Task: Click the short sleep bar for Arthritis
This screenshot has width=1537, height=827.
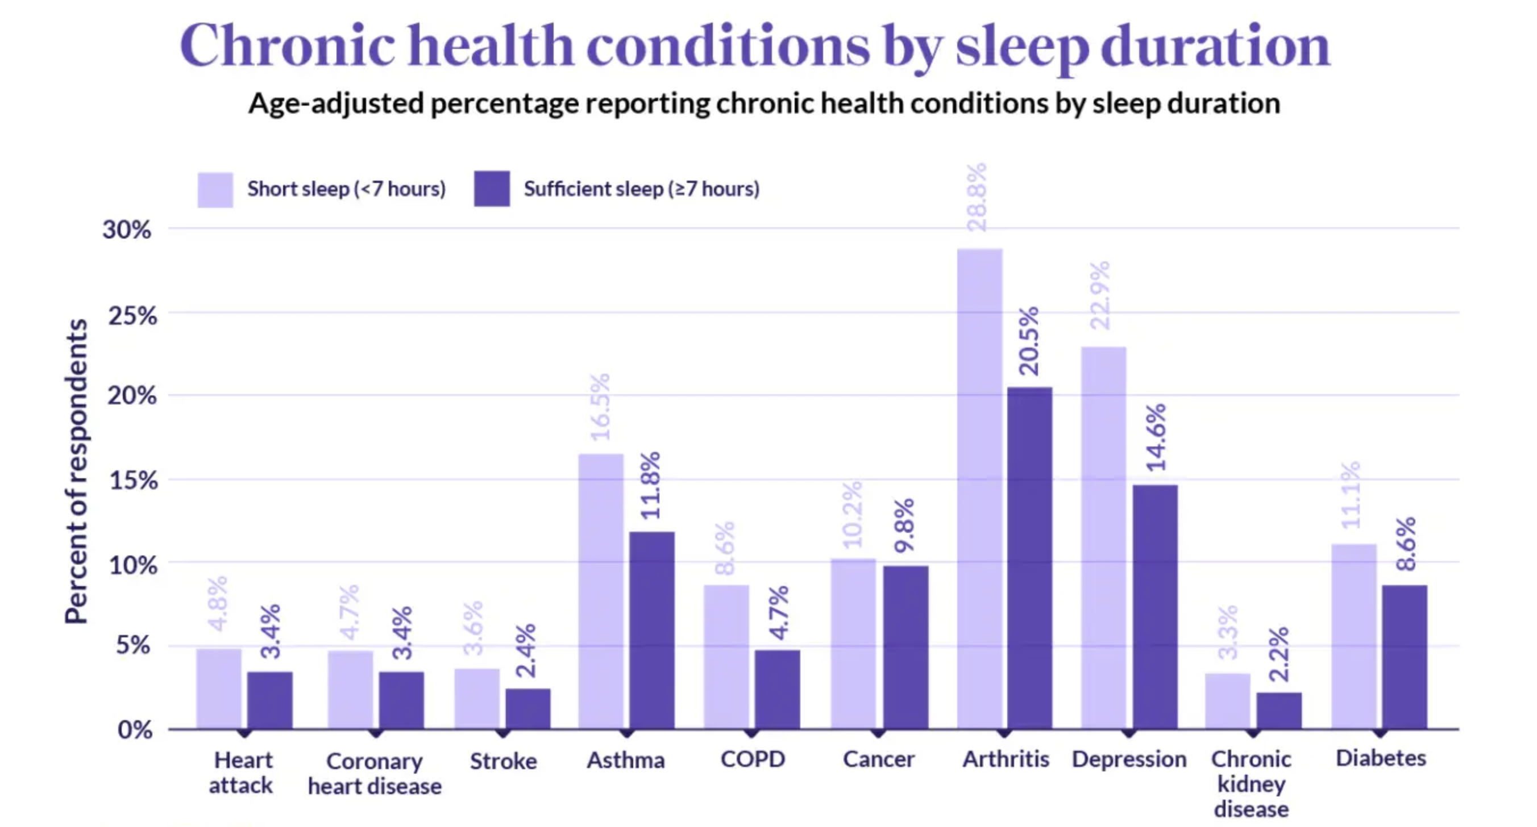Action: (x=980, y=489)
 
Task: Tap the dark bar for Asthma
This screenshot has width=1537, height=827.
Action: (x=651, y=630)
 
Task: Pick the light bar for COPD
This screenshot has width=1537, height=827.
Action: (x=726, y=657)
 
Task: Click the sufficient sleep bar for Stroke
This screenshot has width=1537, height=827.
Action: (x=528, y=709)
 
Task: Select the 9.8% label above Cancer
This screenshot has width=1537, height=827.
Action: (x=905, y=526)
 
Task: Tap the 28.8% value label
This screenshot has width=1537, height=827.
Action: (x=977, y=197)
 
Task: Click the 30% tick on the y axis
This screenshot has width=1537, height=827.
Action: (x=127, y=229)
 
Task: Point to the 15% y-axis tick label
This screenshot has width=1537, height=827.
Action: (x=133, y=481)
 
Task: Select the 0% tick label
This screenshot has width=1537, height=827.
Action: (x=135, y=730)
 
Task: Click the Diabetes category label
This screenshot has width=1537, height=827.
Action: (x=1381, y=758)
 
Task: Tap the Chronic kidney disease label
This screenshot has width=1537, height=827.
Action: (x=1251, y=784)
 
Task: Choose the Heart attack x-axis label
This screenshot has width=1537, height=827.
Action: (x=242, y=772)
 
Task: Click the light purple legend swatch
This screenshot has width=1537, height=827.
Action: (x=215, y=190)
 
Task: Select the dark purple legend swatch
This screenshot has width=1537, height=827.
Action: (x=492, y=189)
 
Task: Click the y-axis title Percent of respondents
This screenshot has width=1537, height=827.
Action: (x=76, y=471)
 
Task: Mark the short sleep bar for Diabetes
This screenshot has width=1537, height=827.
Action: (x=1354, y=636)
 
